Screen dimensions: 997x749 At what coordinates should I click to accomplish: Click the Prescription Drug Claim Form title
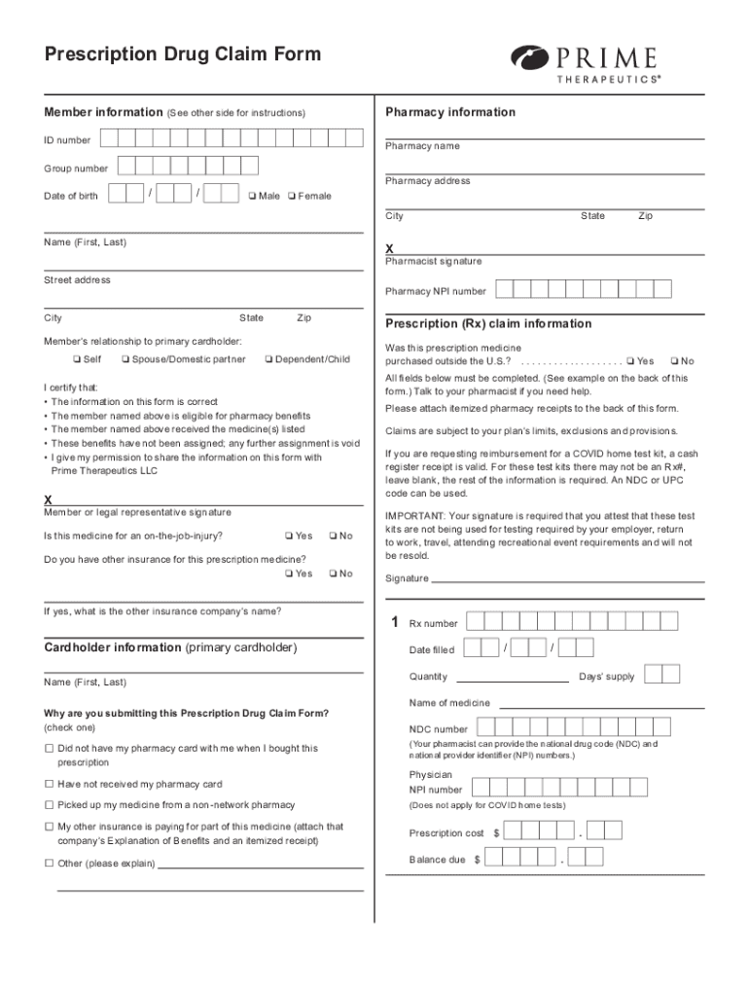click(x=182, y=55)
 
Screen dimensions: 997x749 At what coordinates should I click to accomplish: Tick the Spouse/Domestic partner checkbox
click(x=125, y=360)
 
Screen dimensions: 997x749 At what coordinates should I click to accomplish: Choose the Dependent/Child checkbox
click(x=268, y=360)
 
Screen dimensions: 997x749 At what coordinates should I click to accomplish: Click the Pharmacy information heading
click(x=450, y=112)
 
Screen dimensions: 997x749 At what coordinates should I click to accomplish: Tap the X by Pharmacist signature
click(x=390, y=248)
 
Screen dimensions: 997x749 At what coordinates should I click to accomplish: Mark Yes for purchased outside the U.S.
click(x=630, y=361)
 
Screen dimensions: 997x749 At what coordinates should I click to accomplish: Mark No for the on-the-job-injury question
click(x=333, y=535)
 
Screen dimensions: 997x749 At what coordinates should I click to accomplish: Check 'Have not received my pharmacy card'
click(x=49, y=784)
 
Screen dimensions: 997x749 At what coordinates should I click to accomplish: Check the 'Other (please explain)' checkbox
click(x=49, y=863)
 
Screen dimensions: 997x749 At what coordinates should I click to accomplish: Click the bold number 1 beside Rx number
click(x=394, y=622)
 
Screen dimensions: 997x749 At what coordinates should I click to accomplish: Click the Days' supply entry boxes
click(x=661, y=675)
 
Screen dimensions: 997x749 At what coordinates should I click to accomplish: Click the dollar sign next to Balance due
click(x=477, y=860)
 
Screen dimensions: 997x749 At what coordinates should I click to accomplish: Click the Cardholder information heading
click(x=170, y=647)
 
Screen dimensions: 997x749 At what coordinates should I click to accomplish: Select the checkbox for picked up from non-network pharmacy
click(x=49, y=805)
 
